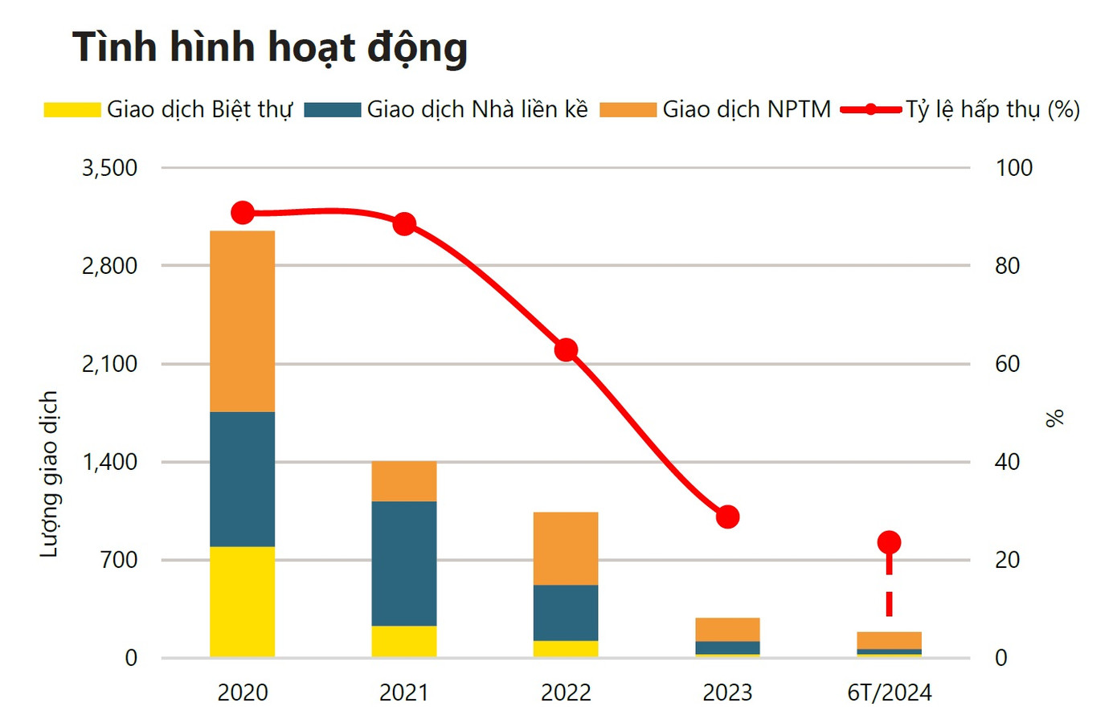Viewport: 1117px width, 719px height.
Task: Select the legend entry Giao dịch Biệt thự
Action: [x=169, y=109]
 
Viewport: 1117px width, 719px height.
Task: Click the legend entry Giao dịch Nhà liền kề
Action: [x=447, y=109]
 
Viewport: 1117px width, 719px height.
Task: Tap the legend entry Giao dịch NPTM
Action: [x=716, y=109]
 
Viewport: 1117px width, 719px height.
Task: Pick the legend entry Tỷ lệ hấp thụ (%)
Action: [x=960, y=109]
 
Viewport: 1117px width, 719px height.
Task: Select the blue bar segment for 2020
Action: [x=242, y=479]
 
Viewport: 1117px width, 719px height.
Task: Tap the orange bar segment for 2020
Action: [x=242, y=321]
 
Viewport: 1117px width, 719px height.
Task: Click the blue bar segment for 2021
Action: [x=404, y=563]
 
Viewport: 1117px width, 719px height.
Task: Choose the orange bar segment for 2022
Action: [x=566, y=548]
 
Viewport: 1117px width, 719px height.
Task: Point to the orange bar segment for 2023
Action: [x=727, y=629]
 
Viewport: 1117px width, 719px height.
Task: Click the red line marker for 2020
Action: [x=243, y=213]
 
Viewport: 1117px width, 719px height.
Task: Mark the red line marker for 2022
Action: [x=567, y=350]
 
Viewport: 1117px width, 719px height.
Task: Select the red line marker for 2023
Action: [x=728, y=517]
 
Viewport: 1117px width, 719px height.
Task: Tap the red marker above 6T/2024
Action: [x=889, y=542]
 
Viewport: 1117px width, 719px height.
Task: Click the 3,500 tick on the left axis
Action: [x=109, y=168]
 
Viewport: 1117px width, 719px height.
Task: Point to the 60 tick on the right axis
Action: [x=1007, y=364]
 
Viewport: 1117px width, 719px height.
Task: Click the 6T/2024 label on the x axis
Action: [x=889, y=692]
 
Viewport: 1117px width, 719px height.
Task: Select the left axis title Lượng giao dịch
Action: [x=49, y=474]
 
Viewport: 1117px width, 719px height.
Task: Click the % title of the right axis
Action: [x=1054, y=418]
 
